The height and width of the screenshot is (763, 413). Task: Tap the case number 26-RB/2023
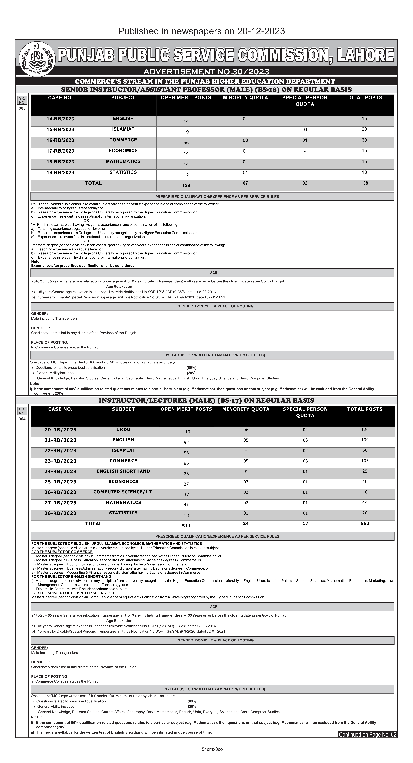[61, 492]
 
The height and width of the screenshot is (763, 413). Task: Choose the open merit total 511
[186, 526]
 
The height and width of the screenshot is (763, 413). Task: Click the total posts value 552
[365, 523]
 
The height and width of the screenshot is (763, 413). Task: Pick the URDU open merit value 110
[186, 432]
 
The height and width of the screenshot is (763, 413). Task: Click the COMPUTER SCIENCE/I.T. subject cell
[123, 492]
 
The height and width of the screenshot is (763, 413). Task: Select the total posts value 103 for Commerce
[365, 461]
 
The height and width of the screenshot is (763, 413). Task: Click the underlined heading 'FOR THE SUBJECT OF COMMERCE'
[62, 552]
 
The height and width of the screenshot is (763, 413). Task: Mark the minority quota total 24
[246, 523]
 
